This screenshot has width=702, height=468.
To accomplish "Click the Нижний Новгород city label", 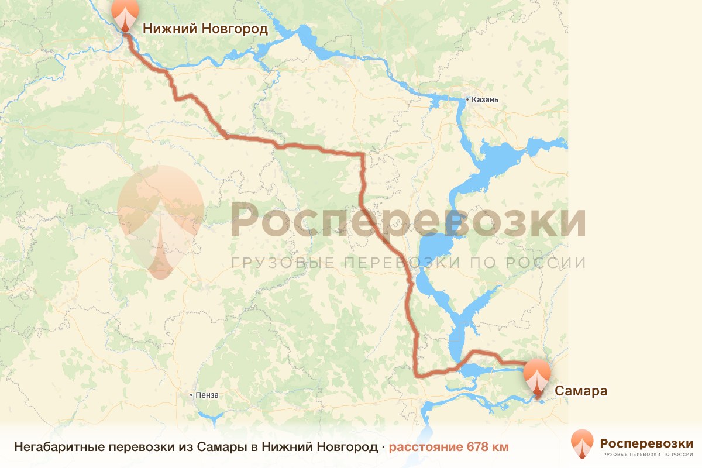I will pyautogui.click(x=205, y=29).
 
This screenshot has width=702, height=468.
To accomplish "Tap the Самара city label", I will pyautogui.click(x=580, y=391).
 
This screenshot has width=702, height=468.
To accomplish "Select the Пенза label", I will pyautogui.click(x=208, y=395).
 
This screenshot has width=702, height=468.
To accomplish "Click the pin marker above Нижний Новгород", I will pyautogui.click(x=125, y=14).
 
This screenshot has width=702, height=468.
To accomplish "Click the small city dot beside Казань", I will pyautogui.click(x=467, y=100).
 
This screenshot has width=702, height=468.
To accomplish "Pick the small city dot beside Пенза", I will pyautogui.click(x=191, y=395).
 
